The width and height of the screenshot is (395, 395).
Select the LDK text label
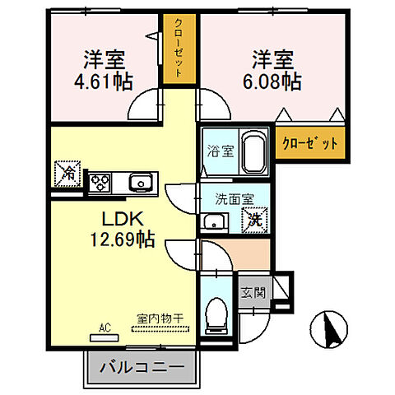tap(123, 221)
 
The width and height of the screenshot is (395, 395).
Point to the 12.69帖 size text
tap(123, 240)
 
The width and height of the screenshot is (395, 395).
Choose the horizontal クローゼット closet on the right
tap(310, 143)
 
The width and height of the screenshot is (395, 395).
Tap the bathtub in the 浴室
tap(253, 152)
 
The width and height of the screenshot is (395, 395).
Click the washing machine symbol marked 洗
tap(253, 219)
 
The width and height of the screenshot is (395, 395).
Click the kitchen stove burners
tap(100, 181)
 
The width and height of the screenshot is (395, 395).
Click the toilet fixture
tap(216, 314)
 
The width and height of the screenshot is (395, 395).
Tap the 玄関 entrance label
tap(251, 293)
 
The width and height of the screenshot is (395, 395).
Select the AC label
tap(105, 327)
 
